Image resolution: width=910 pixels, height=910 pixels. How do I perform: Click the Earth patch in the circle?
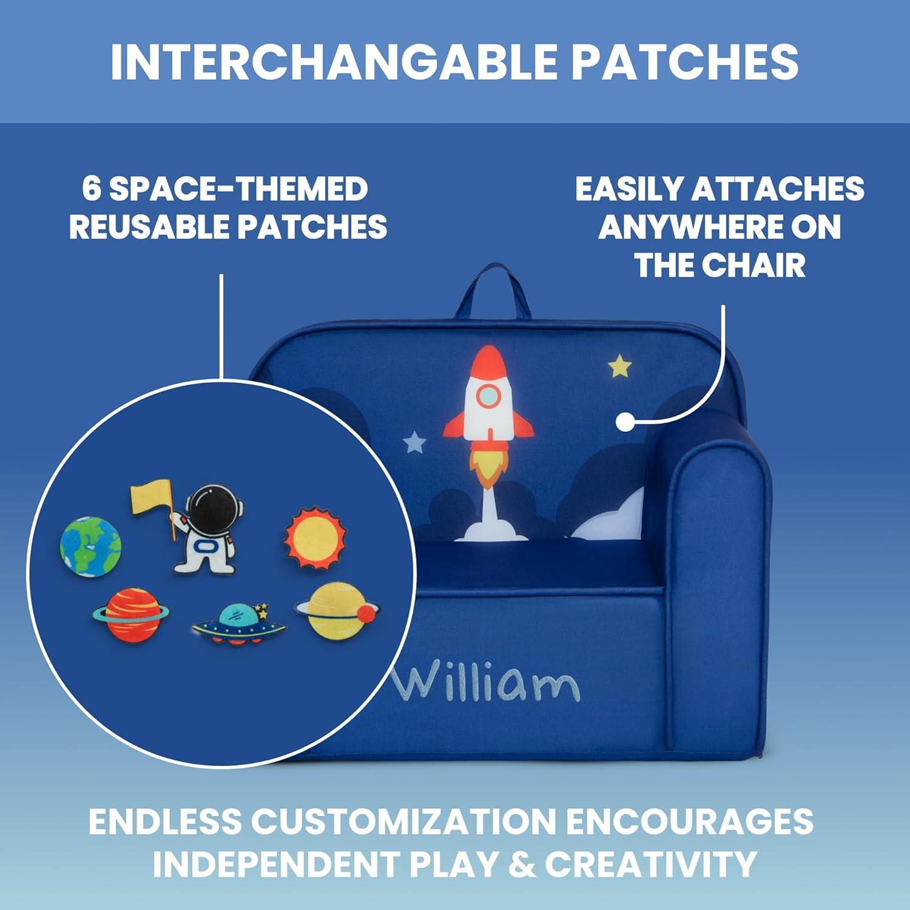(x=90, y=546)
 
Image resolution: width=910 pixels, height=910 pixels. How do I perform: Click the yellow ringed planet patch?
(x=337, y=610)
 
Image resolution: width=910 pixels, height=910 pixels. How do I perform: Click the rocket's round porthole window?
(x=488, y=396)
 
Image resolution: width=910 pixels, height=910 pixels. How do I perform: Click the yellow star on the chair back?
(x=619, y=366)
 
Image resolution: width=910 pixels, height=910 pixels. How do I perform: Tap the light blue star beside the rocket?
(x=416, y=442)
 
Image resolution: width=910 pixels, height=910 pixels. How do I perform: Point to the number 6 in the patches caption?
(x=92, y=189)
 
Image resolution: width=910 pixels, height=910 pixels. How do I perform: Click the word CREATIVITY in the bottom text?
(x=651, y=863)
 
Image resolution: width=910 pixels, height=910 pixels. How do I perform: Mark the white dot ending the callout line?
(x=625, y=422)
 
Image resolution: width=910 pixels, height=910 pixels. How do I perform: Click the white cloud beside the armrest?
(x=610, y=516)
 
